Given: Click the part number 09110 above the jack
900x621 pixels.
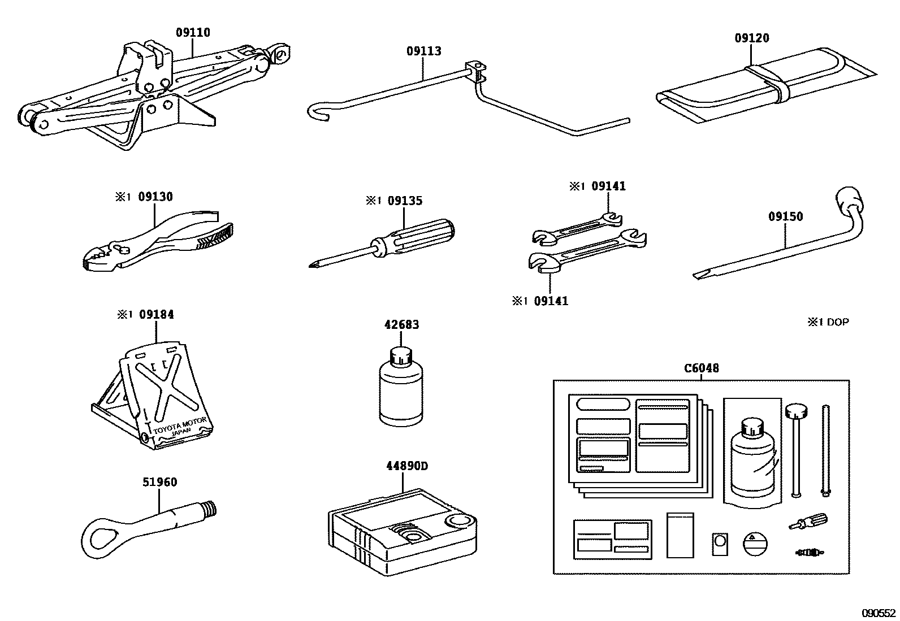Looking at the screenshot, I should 192,33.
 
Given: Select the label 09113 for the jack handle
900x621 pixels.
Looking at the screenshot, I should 423,51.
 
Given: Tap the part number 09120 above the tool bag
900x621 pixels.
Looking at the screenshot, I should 751,38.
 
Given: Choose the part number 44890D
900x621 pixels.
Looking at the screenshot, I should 406,466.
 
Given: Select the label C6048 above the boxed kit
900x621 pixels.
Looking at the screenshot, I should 701,368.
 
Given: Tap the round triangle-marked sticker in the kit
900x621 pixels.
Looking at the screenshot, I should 755,544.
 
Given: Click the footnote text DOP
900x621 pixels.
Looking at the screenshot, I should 838,323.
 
